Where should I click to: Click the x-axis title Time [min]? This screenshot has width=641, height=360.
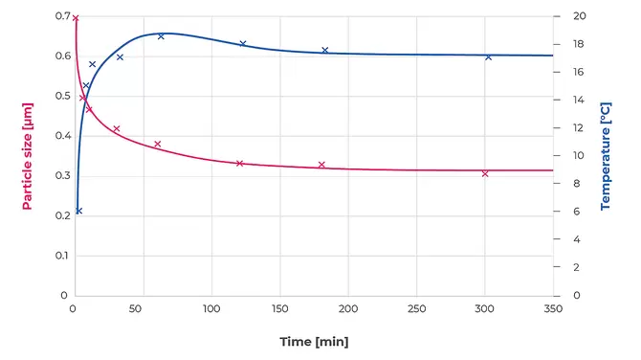click(313, 342)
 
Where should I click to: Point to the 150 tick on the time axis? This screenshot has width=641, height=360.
click(279, 310)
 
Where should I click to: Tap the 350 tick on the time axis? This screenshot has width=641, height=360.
click(553, 310)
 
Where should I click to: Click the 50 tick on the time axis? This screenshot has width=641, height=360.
click(144, 310)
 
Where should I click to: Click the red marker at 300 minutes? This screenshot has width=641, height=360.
click(485, 173)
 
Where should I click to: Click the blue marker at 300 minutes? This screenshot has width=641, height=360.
click(488, 56)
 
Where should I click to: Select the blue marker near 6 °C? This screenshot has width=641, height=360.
click(78, 211)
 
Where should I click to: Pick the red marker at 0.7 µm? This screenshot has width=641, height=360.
click(76, 17)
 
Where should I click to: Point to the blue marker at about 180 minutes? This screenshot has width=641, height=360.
click(324, 50)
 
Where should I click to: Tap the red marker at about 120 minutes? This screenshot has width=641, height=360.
click(239, 163)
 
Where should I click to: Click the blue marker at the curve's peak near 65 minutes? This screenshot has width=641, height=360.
click(161, 36)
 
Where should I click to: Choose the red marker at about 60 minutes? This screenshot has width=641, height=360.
click(158, 144)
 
